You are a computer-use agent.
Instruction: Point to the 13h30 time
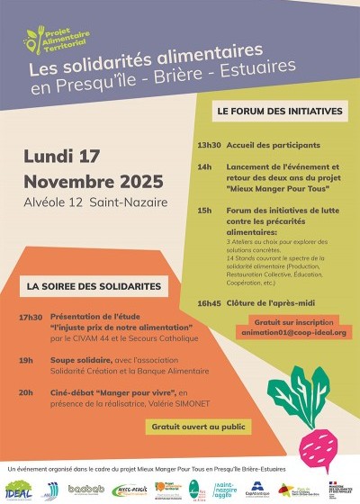(x=209, y=145)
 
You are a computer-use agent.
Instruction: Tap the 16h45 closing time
(x=209, y=302)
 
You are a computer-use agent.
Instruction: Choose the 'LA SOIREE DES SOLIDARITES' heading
(x=94, y=286)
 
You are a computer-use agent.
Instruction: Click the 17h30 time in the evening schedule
(x=30, y=318)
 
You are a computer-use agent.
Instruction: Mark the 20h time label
(x=25, y=392)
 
